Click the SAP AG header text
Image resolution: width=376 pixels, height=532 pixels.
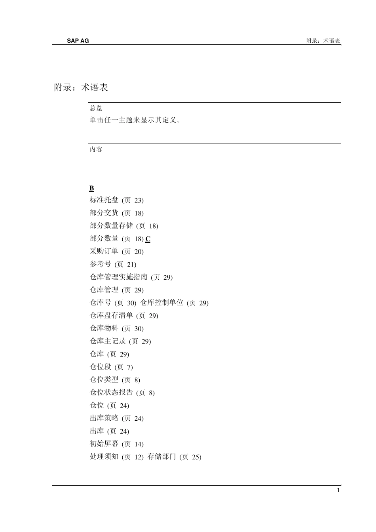tap(78, 40)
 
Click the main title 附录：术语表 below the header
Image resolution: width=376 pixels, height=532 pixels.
tap(81, 88)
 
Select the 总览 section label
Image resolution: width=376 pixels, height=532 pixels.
tap(96, 108)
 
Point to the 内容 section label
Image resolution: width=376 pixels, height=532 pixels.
tap(96, 149)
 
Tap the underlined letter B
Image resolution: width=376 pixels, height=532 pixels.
tap(92, 188)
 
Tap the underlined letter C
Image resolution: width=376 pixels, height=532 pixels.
tap(148, 239)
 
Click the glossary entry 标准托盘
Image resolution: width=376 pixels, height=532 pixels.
tap(104, 200)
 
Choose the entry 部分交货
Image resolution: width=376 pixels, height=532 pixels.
tap(104, 213)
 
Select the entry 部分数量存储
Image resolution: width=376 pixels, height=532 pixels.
tap(111, 226)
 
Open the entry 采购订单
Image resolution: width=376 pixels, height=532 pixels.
tap(104, 252)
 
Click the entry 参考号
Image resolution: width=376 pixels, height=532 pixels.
tap(101, 264)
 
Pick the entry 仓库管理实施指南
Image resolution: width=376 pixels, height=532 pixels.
tap(119, 277)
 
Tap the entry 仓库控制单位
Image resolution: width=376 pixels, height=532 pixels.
tap(162, 303)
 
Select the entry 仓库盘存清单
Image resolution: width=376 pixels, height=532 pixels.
tap(111, 316)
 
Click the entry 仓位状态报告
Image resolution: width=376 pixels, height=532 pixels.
tap(111, 393)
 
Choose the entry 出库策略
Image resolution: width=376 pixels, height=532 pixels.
tap(104, 418)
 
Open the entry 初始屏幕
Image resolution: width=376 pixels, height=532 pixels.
tap(104, 444)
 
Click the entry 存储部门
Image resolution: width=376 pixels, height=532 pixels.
tap(162, 457)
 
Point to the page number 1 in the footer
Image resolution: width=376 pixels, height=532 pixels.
tap(338, 490)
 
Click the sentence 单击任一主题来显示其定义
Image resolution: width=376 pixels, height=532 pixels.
tap(135, 120)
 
